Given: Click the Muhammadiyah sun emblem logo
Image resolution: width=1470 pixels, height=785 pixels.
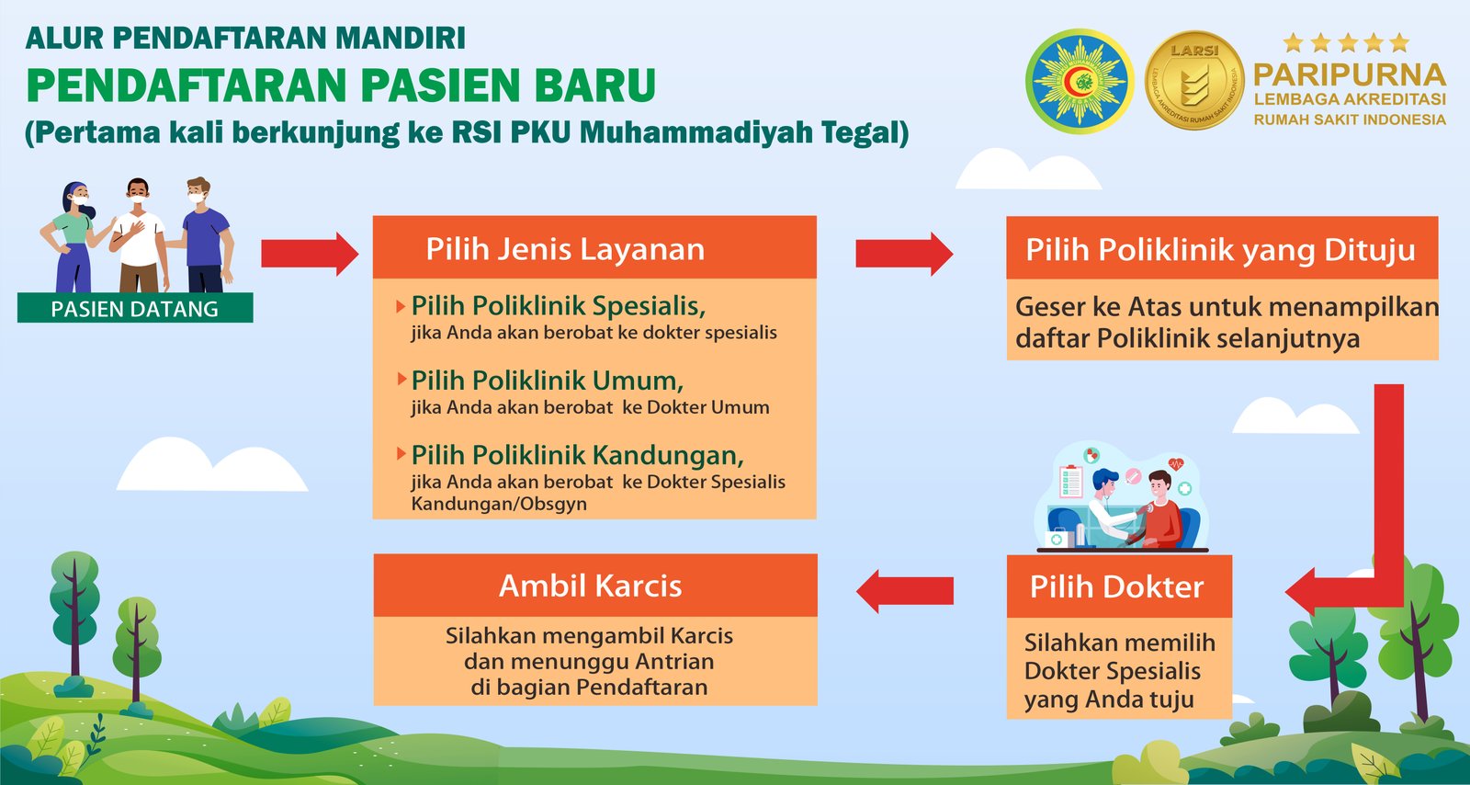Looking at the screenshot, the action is coord(1080,81).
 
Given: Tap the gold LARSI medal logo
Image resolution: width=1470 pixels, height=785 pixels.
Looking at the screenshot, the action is coord(1194,80).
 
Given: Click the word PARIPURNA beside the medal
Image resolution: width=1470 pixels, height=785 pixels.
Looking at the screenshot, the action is coord(1350,75).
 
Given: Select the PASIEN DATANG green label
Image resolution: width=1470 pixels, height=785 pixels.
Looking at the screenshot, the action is coord(135,308).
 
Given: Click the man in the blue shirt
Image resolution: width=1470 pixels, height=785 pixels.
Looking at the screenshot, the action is coord(205,235).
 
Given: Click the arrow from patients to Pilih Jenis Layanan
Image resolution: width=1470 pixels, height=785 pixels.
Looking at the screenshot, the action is coord(310,254).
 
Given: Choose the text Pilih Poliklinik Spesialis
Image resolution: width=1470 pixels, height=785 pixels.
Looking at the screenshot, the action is coord(559,306).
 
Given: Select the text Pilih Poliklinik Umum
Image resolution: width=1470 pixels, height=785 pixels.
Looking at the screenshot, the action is coord(548,381).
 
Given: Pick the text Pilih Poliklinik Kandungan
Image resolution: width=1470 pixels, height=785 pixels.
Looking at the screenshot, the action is coord(578,455).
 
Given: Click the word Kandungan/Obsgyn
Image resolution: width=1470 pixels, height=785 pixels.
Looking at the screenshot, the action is coord(499,504).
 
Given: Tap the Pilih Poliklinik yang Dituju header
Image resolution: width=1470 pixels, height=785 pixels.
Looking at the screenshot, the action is coord(1222,248).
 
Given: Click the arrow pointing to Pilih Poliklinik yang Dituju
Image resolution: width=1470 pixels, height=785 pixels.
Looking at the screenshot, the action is coord(904,254).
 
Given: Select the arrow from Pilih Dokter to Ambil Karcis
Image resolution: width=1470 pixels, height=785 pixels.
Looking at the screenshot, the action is coord(905,591).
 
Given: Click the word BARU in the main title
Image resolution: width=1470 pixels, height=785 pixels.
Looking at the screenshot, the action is coord(594,85).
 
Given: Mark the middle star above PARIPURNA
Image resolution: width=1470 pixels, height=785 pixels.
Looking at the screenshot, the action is coord(1348,43).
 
